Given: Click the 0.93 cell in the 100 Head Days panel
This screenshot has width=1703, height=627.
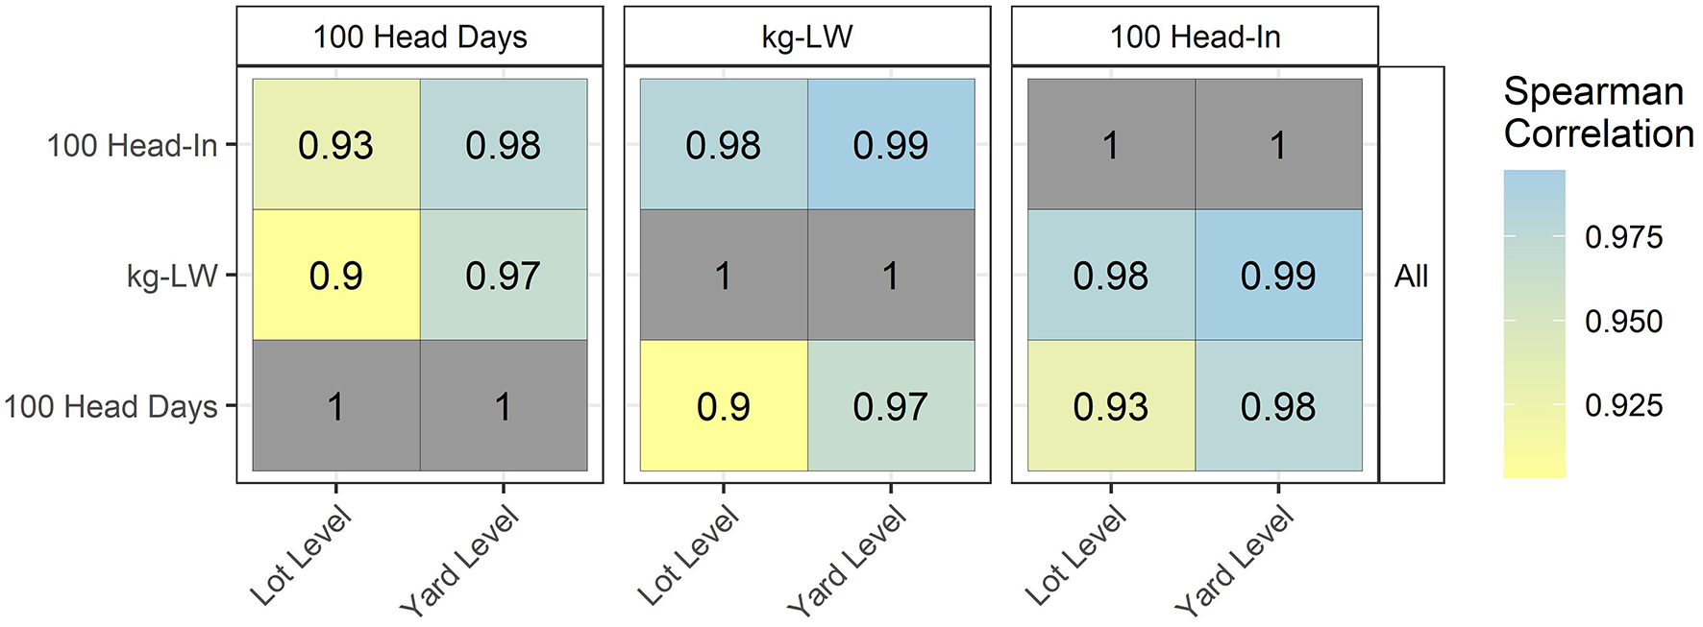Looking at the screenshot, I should click(335, 145).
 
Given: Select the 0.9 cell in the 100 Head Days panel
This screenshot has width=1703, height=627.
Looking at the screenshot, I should click(335, 276).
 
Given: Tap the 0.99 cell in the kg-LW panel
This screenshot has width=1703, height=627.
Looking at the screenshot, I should click(890, 145).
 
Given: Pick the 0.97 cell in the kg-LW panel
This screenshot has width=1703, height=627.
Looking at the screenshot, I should click(890, 406).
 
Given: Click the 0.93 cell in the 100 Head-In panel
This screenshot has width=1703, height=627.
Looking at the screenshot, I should click(1110, 406).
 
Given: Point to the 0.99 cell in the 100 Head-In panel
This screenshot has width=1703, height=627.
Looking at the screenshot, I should click(1277, 276).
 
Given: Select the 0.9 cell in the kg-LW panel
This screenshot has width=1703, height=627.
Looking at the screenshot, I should click(723, 406).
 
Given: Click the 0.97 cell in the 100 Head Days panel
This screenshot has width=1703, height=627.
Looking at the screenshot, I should click(503, 276).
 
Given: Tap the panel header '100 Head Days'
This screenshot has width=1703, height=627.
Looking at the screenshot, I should click(420, 37).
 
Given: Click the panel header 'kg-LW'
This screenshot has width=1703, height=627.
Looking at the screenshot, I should click(806, 37).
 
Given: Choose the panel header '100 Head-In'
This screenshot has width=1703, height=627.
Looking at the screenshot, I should click(1195, 37).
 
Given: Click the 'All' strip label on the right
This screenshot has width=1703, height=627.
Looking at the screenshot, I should click(1411, 277).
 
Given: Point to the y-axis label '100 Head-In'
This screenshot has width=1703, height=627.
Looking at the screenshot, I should click(132, 146).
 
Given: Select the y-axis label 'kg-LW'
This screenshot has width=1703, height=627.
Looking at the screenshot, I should click(172, 277).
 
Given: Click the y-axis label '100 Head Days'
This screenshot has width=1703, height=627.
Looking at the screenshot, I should click(111, 407).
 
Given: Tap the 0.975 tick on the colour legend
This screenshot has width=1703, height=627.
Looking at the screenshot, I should click(1623, 237).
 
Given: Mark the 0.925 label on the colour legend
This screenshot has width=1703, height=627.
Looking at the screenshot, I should click(1623, 405).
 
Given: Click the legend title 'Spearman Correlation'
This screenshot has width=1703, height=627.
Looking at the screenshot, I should click(1597, 112).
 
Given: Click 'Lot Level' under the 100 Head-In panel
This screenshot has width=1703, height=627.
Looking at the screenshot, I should click(1076, 556).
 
